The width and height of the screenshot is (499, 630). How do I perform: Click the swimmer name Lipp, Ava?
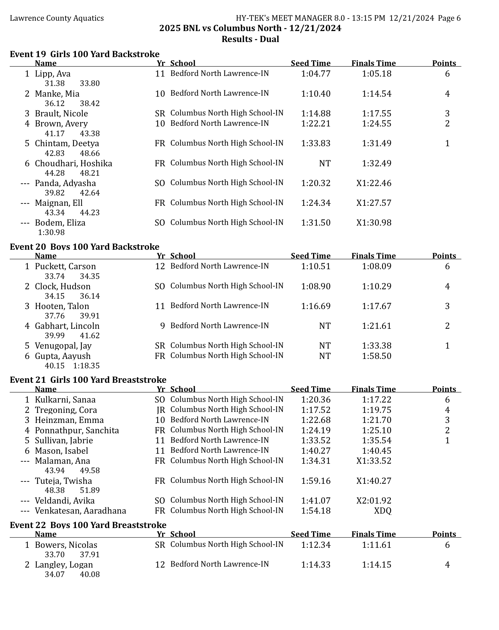[x=53, y=74]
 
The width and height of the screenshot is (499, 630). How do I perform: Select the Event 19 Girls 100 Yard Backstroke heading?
[x=85, y=54]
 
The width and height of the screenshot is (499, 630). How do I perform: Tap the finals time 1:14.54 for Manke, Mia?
[x=377, y=94]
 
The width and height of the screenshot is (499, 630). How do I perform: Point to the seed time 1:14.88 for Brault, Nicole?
[x=316, y=114]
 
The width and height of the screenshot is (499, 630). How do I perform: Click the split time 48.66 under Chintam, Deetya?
[x=90, y=153]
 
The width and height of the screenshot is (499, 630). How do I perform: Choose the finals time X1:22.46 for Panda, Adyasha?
[x=374, y=183]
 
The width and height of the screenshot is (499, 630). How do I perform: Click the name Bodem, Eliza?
[x=60, y=223]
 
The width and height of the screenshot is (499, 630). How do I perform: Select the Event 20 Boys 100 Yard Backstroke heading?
[x=85, y=247]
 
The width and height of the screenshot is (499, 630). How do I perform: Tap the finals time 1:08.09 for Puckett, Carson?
[x=377, y=266]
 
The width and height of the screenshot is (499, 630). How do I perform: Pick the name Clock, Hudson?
[x=63, y=286]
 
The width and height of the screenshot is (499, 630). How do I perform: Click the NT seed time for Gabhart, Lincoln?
[x=325, y=326]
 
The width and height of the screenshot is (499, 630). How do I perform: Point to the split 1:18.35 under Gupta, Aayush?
[x=86, y=366]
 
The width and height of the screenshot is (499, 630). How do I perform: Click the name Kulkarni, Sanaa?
[x=65, y=400]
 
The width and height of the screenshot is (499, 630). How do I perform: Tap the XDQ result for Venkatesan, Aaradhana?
[x=383, y=511]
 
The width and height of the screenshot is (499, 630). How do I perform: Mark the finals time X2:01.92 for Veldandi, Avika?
[x=374, y=501]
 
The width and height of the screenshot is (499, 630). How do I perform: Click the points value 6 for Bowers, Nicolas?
[x=447, y=545]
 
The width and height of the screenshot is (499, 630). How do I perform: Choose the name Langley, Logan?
[x=64, y=565]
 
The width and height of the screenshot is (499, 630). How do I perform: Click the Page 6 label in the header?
[x=449, y=18]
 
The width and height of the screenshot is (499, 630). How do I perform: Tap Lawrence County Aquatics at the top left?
[x=57, y=18]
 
